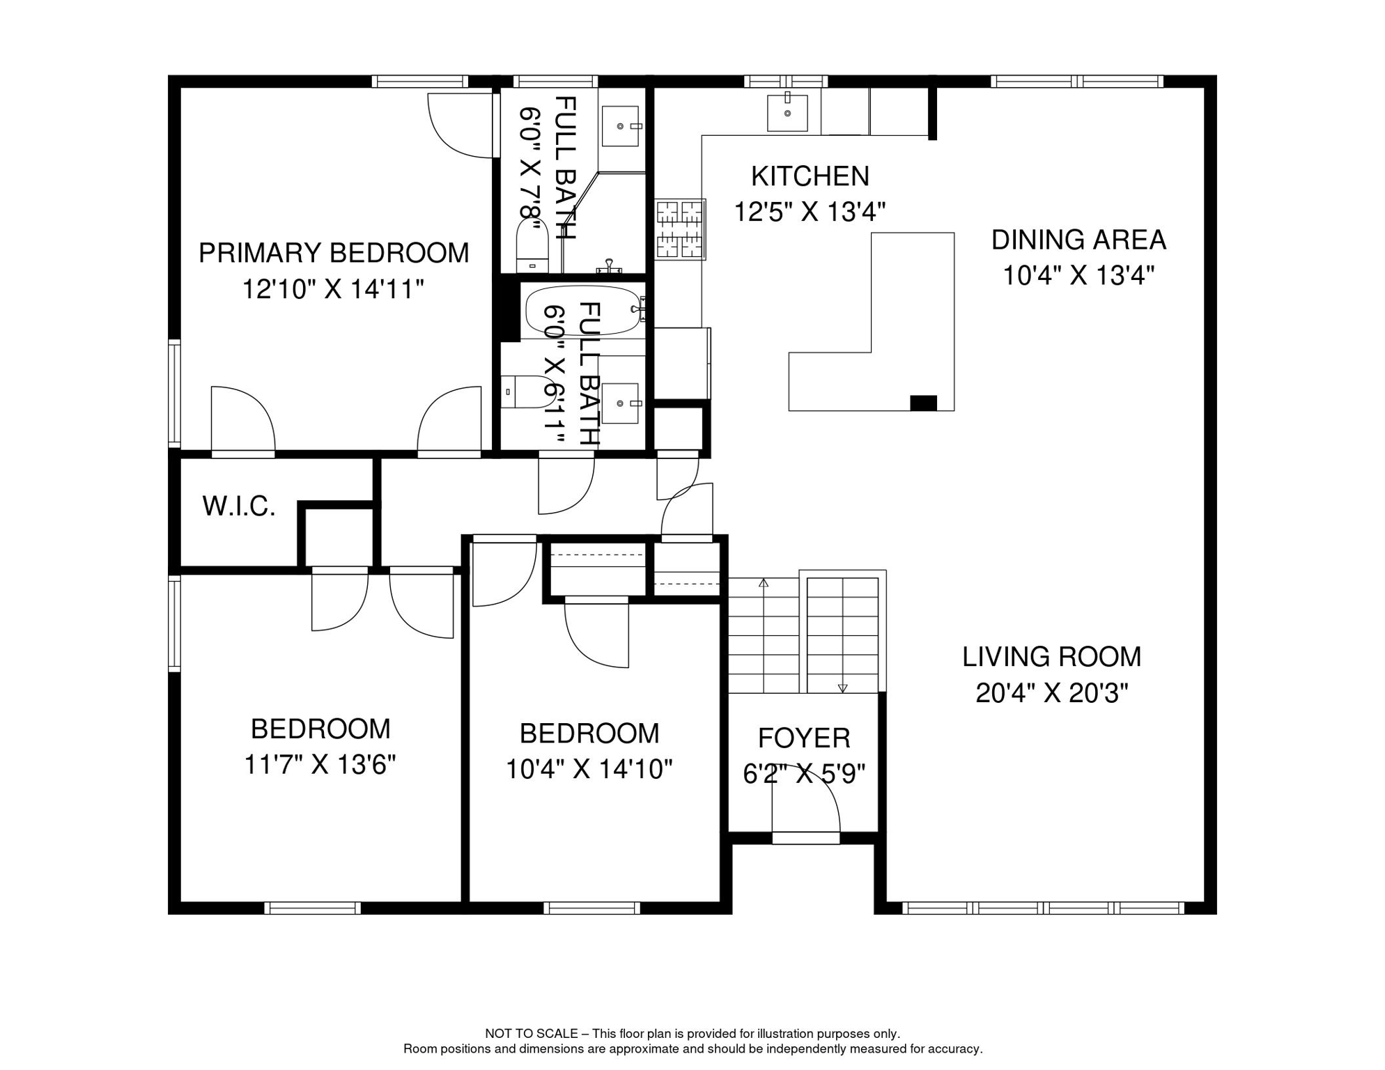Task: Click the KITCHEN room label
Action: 810,176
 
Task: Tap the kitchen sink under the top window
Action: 787,112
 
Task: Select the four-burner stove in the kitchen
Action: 680,229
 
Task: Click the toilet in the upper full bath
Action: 532,245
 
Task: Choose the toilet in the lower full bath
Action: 527,391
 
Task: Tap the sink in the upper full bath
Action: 620,126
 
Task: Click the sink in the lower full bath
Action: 620,403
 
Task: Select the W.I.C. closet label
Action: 239,506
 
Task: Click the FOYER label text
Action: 804,738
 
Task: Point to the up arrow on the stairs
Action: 764,582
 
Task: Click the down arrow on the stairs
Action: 842,688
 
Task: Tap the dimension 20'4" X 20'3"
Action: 1052,693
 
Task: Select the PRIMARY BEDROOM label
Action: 334,253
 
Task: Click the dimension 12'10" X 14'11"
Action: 333,288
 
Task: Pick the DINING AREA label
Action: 1078,240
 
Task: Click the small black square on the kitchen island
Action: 924,403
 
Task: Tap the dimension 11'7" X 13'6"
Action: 320,765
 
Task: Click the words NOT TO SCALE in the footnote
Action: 532,1034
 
